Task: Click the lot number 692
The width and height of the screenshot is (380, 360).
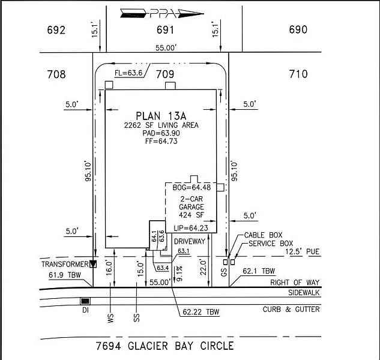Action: [x=56, y=30]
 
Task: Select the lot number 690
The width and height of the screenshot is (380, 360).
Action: [x=298, y=29]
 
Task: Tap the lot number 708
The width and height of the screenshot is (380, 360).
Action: [x=56, y=74]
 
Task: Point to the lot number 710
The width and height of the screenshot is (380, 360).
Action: [x=298, y=74]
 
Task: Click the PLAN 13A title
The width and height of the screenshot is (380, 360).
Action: [x=161, y=116]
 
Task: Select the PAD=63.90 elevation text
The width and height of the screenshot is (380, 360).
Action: [x=161, y=133]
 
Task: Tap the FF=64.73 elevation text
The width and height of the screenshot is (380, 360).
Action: [x=161, y=141]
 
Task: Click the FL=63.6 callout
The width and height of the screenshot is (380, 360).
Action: [x=128, y=73]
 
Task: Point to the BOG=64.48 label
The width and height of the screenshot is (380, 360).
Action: [x=192, y=187]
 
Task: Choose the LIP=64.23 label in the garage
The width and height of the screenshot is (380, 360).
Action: [x=191, y=228]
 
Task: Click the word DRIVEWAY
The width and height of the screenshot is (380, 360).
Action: [x=190, y=241]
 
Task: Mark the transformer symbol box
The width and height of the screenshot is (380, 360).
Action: [x=93, y=264]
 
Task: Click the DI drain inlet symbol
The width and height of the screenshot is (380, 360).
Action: [x=85, y=301]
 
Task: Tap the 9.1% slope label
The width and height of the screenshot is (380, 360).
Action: [x=179, y=274]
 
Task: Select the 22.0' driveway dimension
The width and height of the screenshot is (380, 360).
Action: [x=203, y=268]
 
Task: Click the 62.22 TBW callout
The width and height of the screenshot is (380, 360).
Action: [x=201, y=312]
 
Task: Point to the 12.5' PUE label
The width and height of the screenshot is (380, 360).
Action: [x=302, y=251]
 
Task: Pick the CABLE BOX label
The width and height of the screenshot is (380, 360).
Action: [x=263, y=235]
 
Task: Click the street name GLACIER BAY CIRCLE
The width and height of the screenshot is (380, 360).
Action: [x=181, y=346]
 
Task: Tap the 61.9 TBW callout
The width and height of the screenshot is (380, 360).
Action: [x=65, y=275]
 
